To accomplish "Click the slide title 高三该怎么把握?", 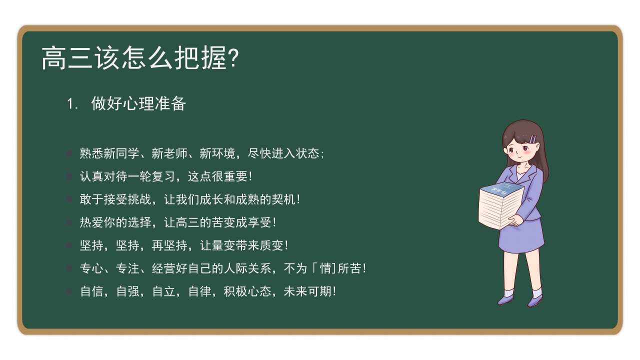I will click(x=140, y=58).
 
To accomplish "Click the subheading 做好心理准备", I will click(x=138, y=103).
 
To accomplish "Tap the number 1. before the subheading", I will click(x=73, y=104).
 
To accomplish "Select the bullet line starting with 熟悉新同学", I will click(x=202, y=153).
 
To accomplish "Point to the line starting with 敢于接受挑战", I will click(x=190, y=199).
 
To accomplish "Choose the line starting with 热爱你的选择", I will click(x=178, y=222).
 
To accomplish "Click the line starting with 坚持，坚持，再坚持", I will click(x=184, y=245).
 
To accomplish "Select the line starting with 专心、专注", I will click(x=223, y=268).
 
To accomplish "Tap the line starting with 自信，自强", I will click(x=208, y=291).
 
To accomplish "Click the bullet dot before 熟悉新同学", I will click(x=69, y=153).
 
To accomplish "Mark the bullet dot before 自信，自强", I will click(x=69, y=291).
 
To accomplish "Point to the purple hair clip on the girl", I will click(x=533, y=138).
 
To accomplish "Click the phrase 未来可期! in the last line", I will click(x=310, y=291).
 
